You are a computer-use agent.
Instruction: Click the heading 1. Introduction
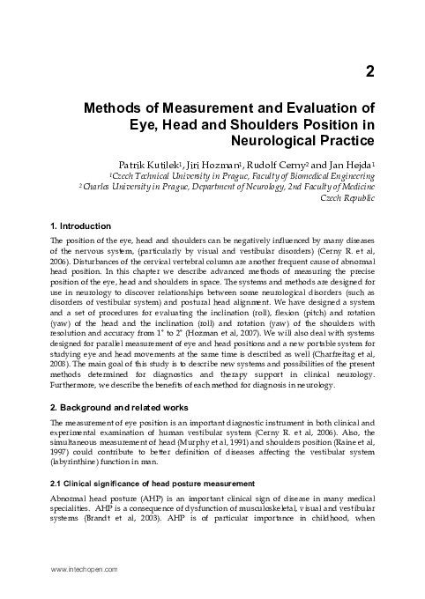(x=81, y=226)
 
